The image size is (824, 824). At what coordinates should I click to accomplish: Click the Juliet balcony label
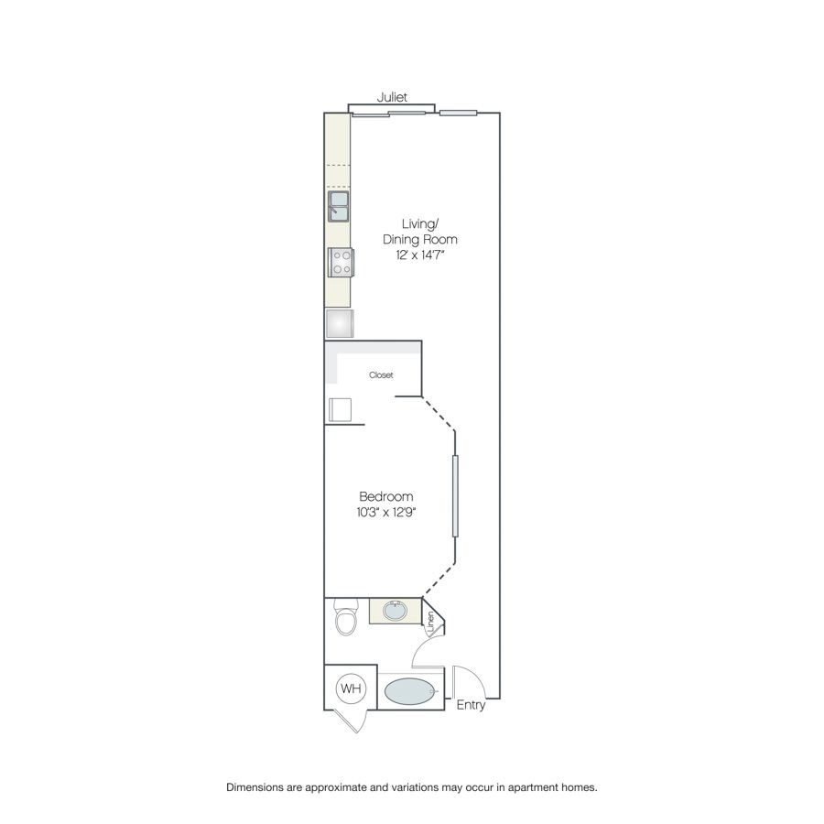(x=392, y=97)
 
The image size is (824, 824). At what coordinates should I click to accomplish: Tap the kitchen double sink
(x=339, y=207)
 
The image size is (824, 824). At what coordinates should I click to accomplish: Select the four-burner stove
(x=342, y=262)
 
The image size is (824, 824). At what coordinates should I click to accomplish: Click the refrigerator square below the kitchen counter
(x=340, y=323)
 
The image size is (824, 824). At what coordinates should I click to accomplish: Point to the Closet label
(x=381, y=375)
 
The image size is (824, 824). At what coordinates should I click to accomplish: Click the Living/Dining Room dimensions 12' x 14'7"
(x=420, y=255)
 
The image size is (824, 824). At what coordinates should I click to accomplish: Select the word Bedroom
(x=386, y=496)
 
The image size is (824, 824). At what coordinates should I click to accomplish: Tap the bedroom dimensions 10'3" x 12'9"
(x=386, y=512)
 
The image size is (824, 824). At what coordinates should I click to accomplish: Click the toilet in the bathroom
(x=345, y=616)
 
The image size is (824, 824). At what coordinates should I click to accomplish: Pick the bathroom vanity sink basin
(x=395, y=612)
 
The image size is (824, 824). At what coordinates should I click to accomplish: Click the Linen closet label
(x=431, y=622)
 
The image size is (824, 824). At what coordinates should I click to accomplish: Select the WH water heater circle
(x=351, y=688)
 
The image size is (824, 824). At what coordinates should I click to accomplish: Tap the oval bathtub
(x=410, y=691)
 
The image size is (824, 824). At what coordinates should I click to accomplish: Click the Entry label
(x=471, y=705)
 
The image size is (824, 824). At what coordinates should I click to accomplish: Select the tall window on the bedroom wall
(x=455, y=496)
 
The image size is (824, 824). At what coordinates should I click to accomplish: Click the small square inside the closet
(x=340, y=410)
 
